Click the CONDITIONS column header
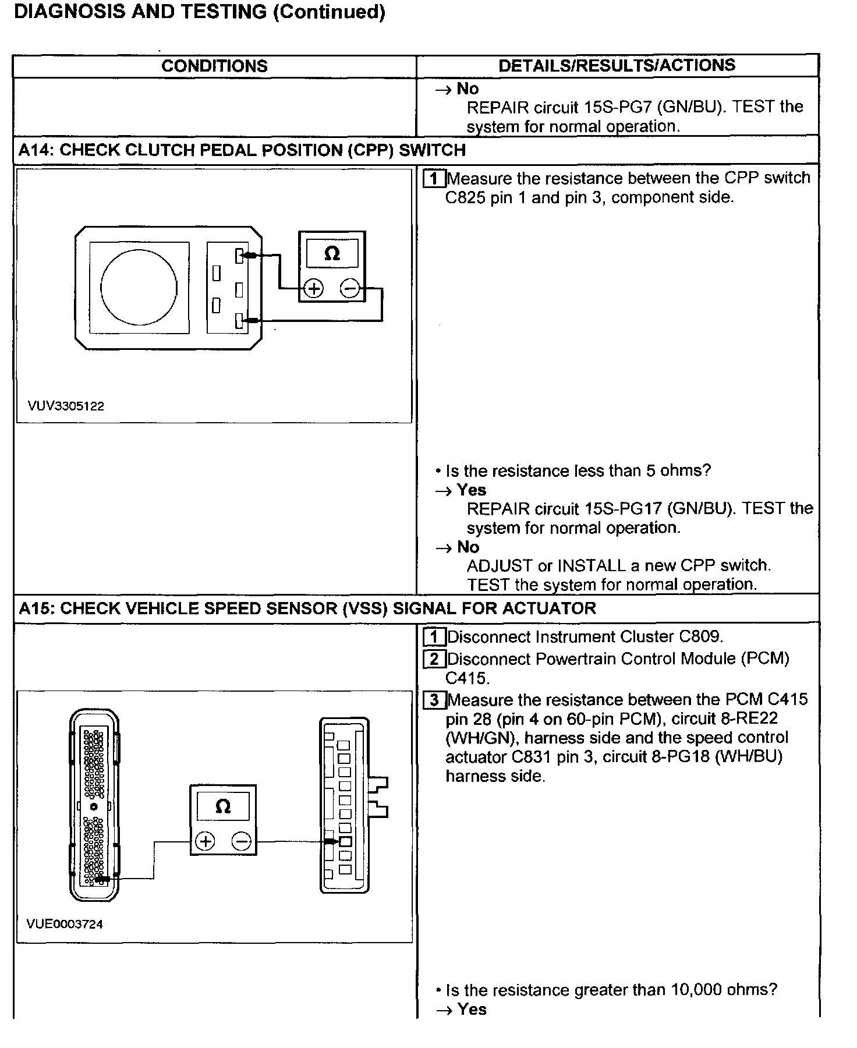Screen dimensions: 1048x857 click(x=214, y=66)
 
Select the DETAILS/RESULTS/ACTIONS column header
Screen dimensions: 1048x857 click(x=617, y=65)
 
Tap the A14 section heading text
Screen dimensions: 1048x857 click(x=242, y=150)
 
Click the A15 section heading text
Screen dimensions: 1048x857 click(x=307, y=609)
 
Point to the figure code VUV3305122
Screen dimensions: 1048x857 click(x=66, y=406)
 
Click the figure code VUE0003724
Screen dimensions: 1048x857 click(x=65, y=925)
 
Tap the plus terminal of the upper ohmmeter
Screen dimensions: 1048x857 click(x=314, y=289)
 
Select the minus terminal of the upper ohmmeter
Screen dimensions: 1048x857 click(x=349, y=289)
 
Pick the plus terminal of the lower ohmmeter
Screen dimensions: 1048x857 click(x=206, y=842)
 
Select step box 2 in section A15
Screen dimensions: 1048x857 click(x=434, y=659)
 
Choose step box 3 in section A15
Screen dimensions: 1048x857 click(x=434, y=700)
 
